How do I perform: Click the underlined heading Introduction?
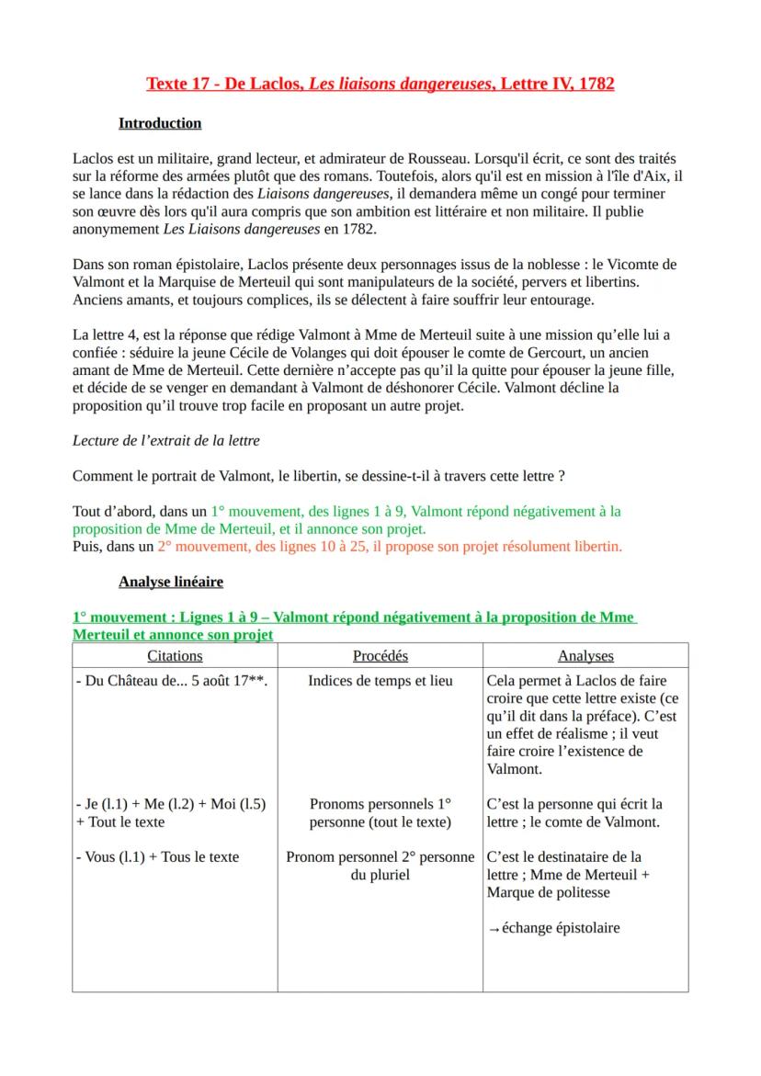(160, 123)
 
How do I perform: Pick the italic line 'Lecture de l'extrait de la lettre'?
(165, 440)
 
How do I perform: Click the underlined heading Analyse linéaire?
(171, 582)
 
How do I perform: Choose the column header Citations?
(175, 656)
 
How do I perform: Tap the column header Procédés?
(380, 656)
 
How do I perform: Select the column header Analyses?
(585, 656)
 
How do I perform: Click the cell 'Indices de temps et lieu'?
(380, 682)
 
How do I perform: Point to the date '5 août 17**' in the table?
(231, 682)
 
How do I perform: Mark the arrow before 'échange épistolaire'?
(494, 929)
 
